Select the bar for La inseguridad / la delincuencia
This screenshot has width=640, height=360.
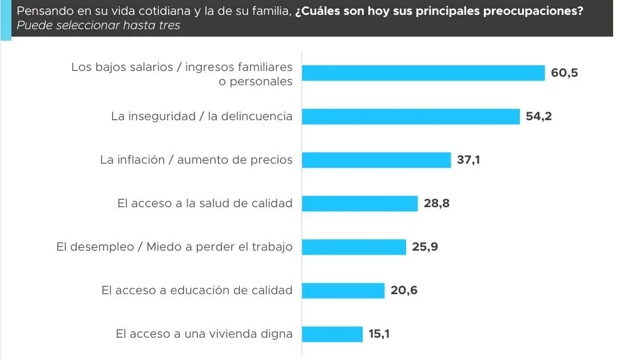tap(410, 116)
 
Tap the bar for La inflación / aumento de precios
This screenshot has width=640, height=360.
tap(376, 160)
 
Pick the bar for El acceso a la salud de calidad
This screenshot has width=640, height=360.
tap(359, 203)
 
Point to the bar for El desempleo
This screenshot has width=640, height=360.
tap(353, 247)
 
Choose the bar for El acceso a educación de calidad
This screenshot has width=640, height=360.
tap(343, 290)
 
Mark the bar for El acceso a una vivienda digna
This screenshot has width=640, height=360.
tap(332, 334)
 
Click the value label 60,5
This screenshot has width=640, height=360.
tap(565, 73)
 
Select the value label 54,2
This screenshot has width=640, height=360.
tap(539, 116)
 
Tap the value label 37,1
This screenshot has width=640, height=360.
tap(468, 160)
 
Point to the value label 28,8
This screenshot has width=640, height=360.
tap(436, 203)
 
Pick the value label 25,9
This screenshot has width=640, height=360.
tap(425, 247)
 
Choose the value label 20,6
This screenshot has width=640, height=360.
tap(404, 290)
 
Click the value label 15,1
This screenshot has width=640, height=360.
tap(379, 334)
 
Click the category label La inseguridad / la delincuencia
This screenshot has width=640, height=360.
tap(201, 116)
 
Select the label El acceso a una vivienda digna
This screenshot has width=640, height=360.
tap(204, 334)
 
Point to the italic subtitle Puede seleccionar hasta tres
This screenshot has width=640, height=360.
tap(98, 26)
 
